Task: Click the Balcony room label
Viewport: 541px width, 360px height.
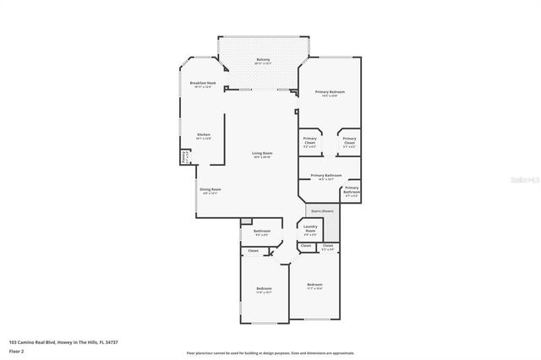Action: pyautogui.click(x=264, y=59)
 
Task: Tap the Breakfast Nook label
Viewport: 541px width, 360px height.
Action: pyautogui.click(x=204, y=83)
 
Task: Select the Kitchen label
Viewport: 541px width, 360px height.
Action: pyautogui.click(x=204, y=135)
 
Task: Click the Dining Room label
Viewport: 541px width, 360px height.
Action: pyautogui.click(x=210, y=190)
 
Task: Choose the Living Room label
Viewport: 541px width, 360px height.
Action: pyautogui.click(x=261, y=154)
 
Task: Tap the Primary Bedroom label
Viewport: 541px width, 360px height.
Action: pyautogui.click(x=330, y=92)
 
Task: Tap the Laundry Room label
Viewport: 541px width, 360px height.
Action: pyautogui.click(x=310, y=229)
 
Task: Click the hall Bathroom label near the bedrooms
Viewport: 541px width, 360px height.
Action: pyautogui.click(x=261, y=232)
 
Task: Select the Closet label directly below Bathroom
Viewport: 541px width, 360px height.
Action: pyautogui.click(x=253, y=251)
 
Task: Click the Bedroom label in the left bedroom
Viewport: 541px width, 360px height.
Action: pyautogui.click(x=264, y=290)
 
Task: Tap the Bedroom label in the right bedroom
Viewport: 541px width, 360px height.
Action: pyautogui.click(x=314, y=285)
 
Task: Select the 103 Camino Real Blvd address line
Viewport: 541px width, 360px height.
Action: pyautogui.click(x=63, y=341)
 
